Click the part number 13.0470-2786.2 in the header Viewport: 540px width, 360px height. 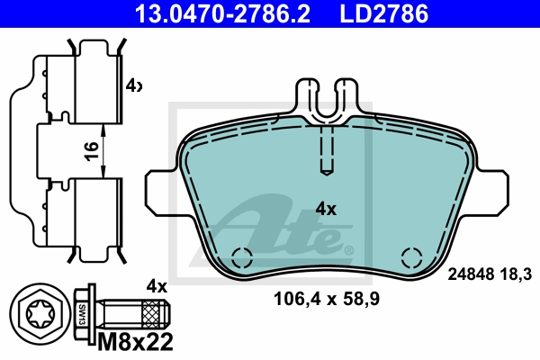click(222, 13)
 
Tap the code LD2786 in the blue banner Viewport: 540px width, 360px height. click(384, 13)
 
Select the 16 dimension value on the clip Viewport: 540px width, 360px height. click(92, 151)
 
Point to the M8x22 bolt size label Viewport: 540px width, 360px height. click(135, 342)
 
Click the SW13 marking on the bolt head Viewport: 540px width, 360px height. click(82, 314)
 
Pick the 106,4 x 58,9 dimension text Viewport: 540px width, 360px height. click(327, 299)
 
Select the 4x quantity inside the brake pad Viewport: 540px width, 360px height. click(326, 209)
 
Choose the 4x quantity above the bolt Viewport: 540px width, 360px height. click(157, 286)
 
